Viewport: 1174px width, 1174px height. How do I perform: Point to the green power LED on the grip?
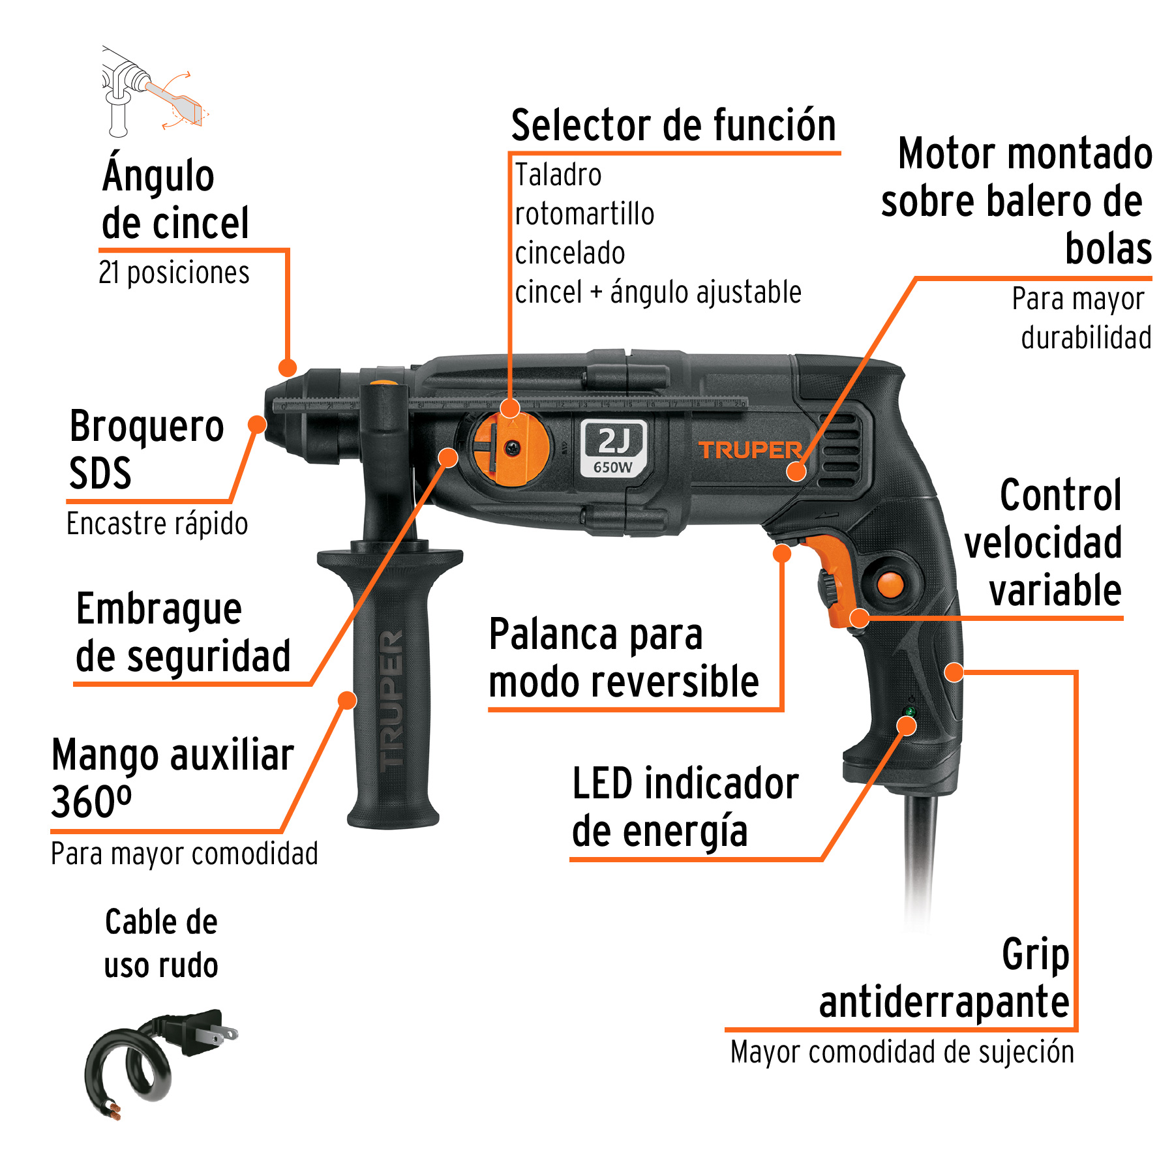[909, 711]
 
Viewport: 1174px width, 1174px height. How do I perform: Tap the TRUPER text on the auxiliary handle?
[392, 701]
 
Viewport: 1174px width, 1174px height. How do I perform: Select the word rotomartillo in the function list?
[584, 215]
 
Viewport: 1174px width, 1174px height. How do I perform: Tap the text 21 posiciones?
[174, 273]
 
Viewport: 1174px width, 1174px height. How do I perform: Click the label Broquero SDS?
[146, 449]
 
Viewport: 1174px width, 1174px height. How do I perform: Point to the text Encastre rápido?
[157, 524]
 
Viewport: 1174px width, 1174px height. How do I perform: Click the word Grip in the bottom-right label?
[1035, 955]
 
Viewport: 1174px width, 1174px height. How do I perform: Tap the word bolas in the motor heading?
[1108, 248]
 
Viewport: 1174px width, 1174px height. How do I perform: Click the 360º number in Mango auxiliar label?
[91, 802]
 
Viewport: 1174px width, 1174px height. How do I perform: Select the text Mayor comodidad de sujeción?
[902, 1052]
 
